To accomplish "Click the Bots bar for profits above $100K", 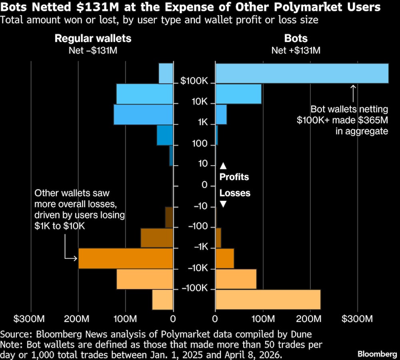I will [x=302, y=73].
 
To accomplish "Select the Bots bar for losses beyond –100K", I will [x=268, y=300].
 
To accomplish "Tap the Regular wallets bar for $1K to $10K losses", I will [x=126, y=258].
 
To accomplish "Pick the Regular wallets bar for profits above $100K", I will [x=166, y=73].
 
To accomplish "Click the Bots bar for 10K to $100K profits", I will [x=238, y=94].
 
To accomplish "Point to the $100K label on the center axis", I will [x=194, y=82].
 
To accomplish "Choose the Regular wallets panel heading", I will [x=93, y=38].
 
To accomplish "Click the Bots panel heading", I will [x=296, y=38].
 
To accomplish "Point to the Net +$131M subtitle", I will [x=296, y=50].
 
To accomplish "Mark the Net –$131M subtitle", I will [x=93, y=50].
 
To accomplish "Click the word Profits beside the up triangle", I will [x=234, y=177].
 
